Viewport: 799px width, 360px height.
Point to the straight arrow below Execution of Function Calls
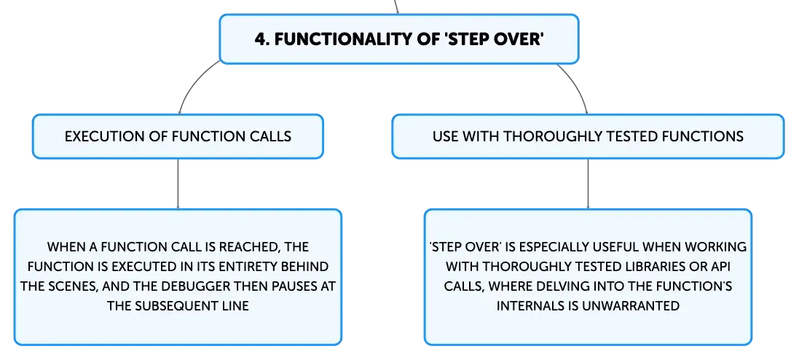coord(178,184)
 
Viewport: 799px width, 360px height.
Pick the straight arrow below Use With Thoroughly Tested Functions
coord(588,184)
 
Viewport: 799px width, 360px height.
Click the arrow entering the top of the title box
coord(396,7)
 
